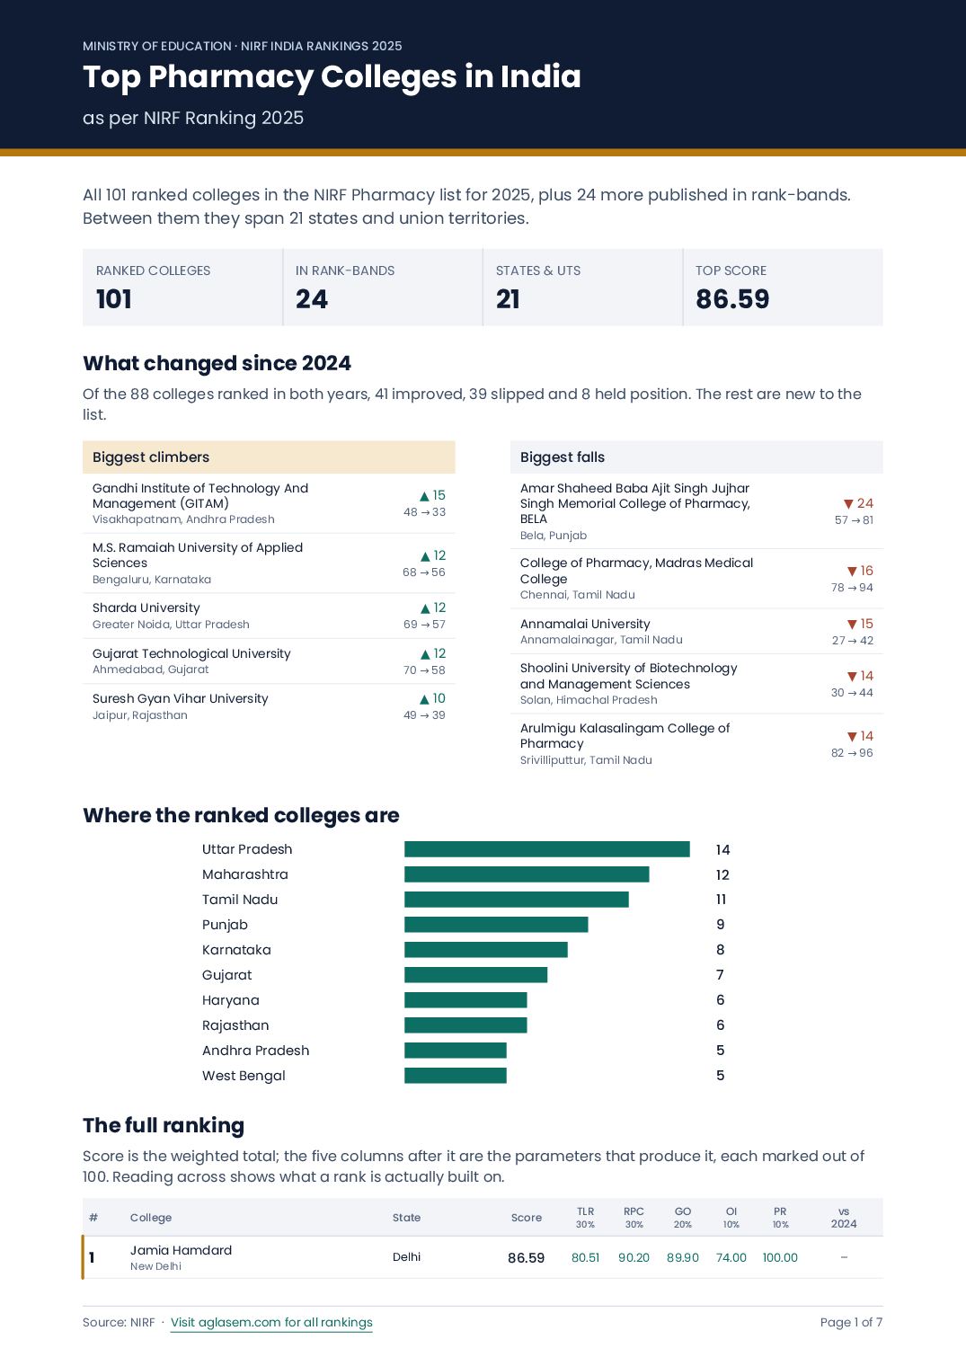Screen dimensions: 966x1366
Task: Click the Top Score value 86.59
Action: click(732, 298)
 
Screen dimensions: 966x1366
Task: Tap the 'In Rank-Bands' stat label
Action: click(344, 271)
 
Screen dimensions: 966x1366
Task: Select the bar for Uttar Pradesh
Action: click(547, 849)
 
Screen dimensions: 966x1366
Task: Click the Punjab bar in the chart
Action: click(496, 925)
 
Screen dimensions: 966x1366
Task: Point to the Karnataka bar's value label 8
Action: click(720, 950)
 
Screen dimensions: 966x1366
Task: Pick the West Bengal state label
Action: click(244, 1075)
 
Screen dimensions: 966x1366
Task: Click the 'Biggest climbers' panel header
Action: click(269, 457)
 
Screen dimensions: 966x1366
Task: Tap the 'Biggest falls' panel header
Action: click(696, 457)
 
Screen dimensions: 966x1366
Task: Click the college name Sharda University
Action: click(146, 608)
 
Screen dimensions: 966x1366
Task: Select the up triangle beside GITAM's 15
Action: click(424, 496)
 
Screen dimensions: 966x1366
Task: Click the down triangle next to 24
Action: click(848, 503)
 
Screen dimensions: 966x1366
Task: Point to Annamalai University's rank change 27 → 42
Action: click(853, 640)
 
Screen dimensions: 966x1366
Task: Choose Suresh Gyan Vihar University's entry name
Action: click(180, 698)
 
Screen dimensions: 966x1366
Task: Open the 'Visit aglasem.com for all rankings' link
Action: click(271, 1322)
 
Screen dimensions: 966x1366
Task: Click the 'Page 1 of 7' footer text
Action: click(851, 1322)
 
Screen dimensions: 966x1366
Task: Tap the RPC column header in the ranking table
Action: click(634, 1211)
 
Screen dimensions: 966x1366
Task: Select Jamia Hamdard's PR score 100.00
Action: click(780, 1257)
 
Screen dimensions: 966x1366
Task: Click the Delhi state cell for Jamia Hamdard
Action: click(406, 1257)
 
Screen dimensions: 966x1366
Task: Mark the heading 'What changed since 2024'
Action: click(217, 363)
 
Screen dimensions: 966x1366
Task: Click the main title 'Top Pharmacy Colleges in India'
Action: click(332, 77)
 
